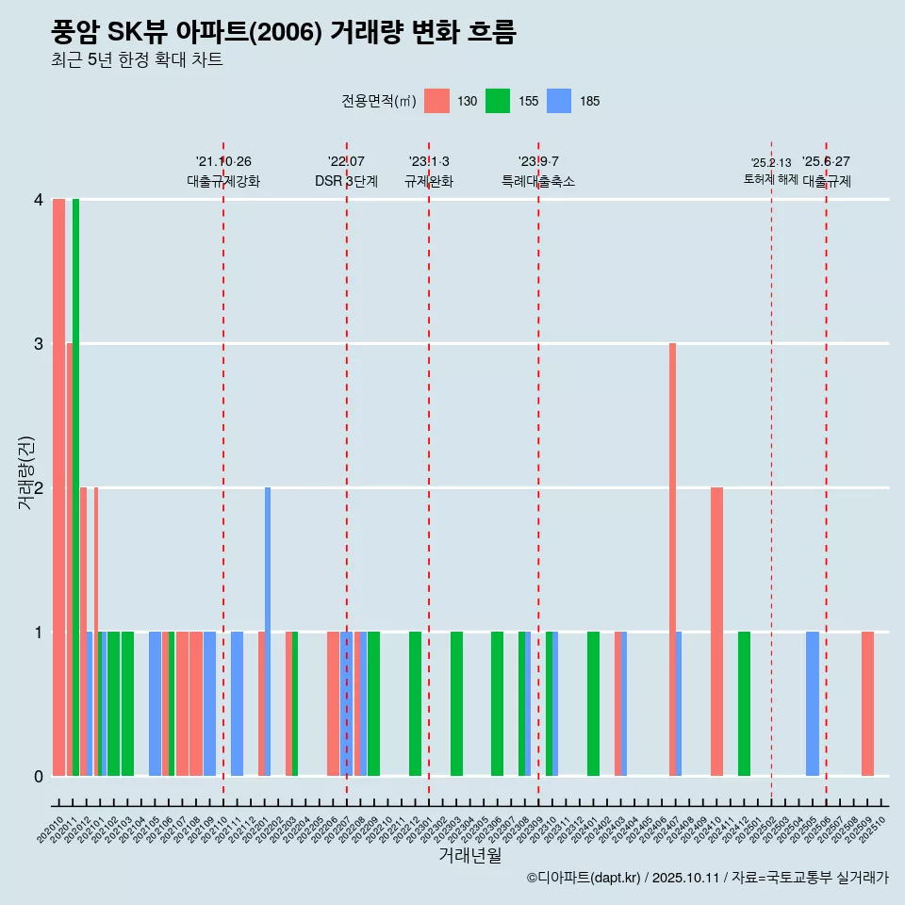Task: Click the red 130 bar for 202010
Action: point(58,487)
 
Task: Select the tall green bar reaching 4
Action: point(75,487)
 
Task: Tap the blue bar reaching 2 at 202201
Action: point(268,632)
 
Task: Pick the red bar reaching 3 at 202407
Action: point(672,560)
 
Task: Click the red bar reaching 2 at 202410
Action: point(716,632)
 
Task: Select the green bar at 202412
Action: point(744,704)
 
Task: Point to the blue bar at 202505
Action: point(813,704)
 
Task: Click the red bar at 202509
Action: point(867,704)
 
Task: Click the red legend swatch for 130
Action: point(436,101)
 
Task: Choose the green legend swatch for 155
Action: point(498,101)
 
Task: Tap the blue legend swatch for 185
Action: point(559,101)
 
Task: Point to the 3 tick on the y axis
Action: point(39,344)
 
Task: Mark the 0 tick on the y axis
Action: point(39,777)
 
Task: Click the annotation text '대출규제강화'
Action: point(223,181)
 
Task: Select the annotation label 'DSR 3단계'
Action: point(346,181)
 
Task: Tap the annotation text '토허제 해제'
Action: point(771,179)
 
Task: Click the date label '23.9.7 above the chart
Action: point(538,162)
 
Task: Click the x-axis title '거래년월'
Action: point(469,856)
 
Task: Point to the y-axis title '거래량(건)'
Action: point(26,473)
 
